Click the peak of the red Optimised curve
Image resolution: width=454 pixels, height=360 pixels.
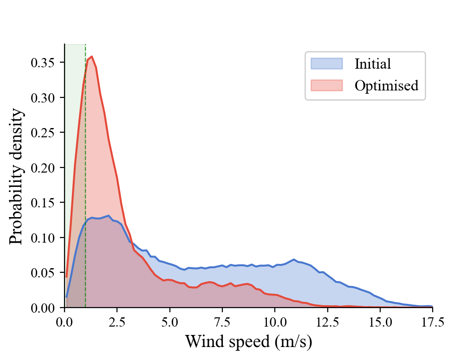pyautogui.click(x=92, y=57)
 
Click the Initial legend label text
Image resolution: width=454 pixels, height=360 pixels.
pyautogui.click(x=372, y=64)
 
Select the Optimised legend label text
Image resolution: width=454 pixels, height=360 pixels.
pyautogui.click(x=386, y=86)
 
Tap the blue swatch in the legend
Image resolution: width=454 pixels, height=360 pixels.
pyautogui.click(x=326, y=64)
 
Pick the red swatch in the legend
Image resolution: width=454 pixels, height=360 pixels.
pyautogui.click(x=326, y=86)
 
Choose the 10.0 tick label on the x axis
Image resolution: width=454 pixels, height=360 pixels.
pyautogui.click(x=275, y=321)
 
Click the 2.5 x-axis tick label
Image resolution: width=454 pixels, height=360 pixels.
pyautogui.click(x=117, y=321)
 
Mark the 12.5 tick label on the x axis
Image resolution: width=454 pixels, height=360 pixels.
pyautogui.click(x=327, y=321)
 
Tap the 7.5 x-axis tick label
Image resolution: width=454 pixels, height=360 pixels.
pyautogui.click(x=222, y=321)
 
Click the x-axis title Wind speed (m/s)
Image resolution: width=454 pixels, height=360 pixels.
pyautogui.click(x=248, y=342)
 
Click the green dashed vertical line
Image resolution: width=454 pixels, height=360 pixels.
pyautogui.click(x=85, y=186)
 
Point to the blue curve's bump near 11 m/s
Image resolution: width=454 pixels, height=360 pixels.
pyautogui.click(x=294, y=259)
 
